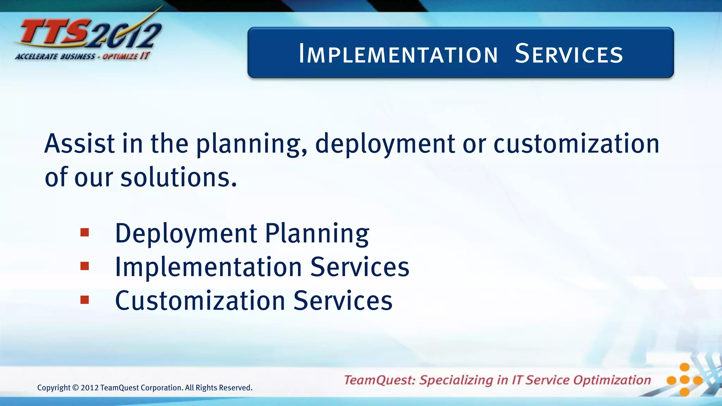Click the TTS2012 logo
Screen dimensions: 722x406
(x=88, y=33)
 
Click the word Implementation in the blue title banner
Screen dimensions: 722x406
(x=398, y=54)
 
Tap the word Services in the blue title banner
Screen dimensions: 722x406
(x=569, y=54)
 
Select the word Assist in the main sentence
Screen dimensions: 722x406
(x=80, y=144)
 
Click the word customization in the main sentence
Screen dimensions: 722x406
(x=576, y=144)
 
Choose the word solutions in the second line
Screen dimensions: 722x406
(x=178, y=177)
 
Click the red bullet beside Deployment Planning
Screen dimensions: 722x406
(x=85, y=233)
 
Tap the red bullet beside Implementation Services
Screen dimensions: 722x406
(x=85, y=266)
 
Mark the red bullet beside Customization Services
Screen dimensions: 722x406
(x=85, y=300)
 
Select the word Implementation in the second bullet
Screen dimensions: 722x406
(x=208, y=267)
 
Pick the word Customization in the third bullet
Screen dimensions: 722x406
(x=200, y=301)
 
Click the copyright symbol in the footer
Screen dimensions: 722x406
(x=75, y=388)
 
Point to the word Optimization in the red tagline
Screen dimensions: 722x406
(x=612, y=380)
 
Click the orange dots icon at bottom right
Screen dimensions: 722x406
(x=684, y=380)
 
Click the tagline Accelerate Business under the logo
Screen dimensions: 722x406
(x=55, y=56)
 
